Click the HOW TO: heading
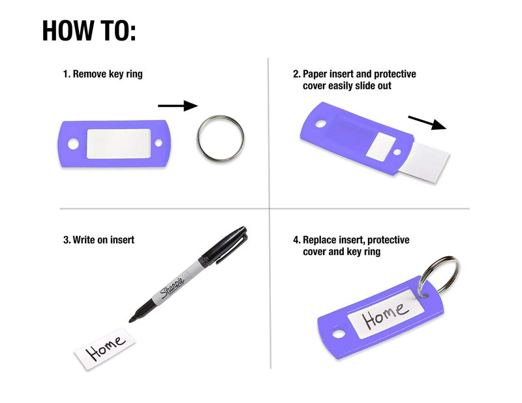pos(89,31)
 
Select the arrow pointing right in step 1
pos(177,106)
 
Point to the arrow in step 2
pos(427,123)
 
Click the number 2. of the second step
pos(297,74)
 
